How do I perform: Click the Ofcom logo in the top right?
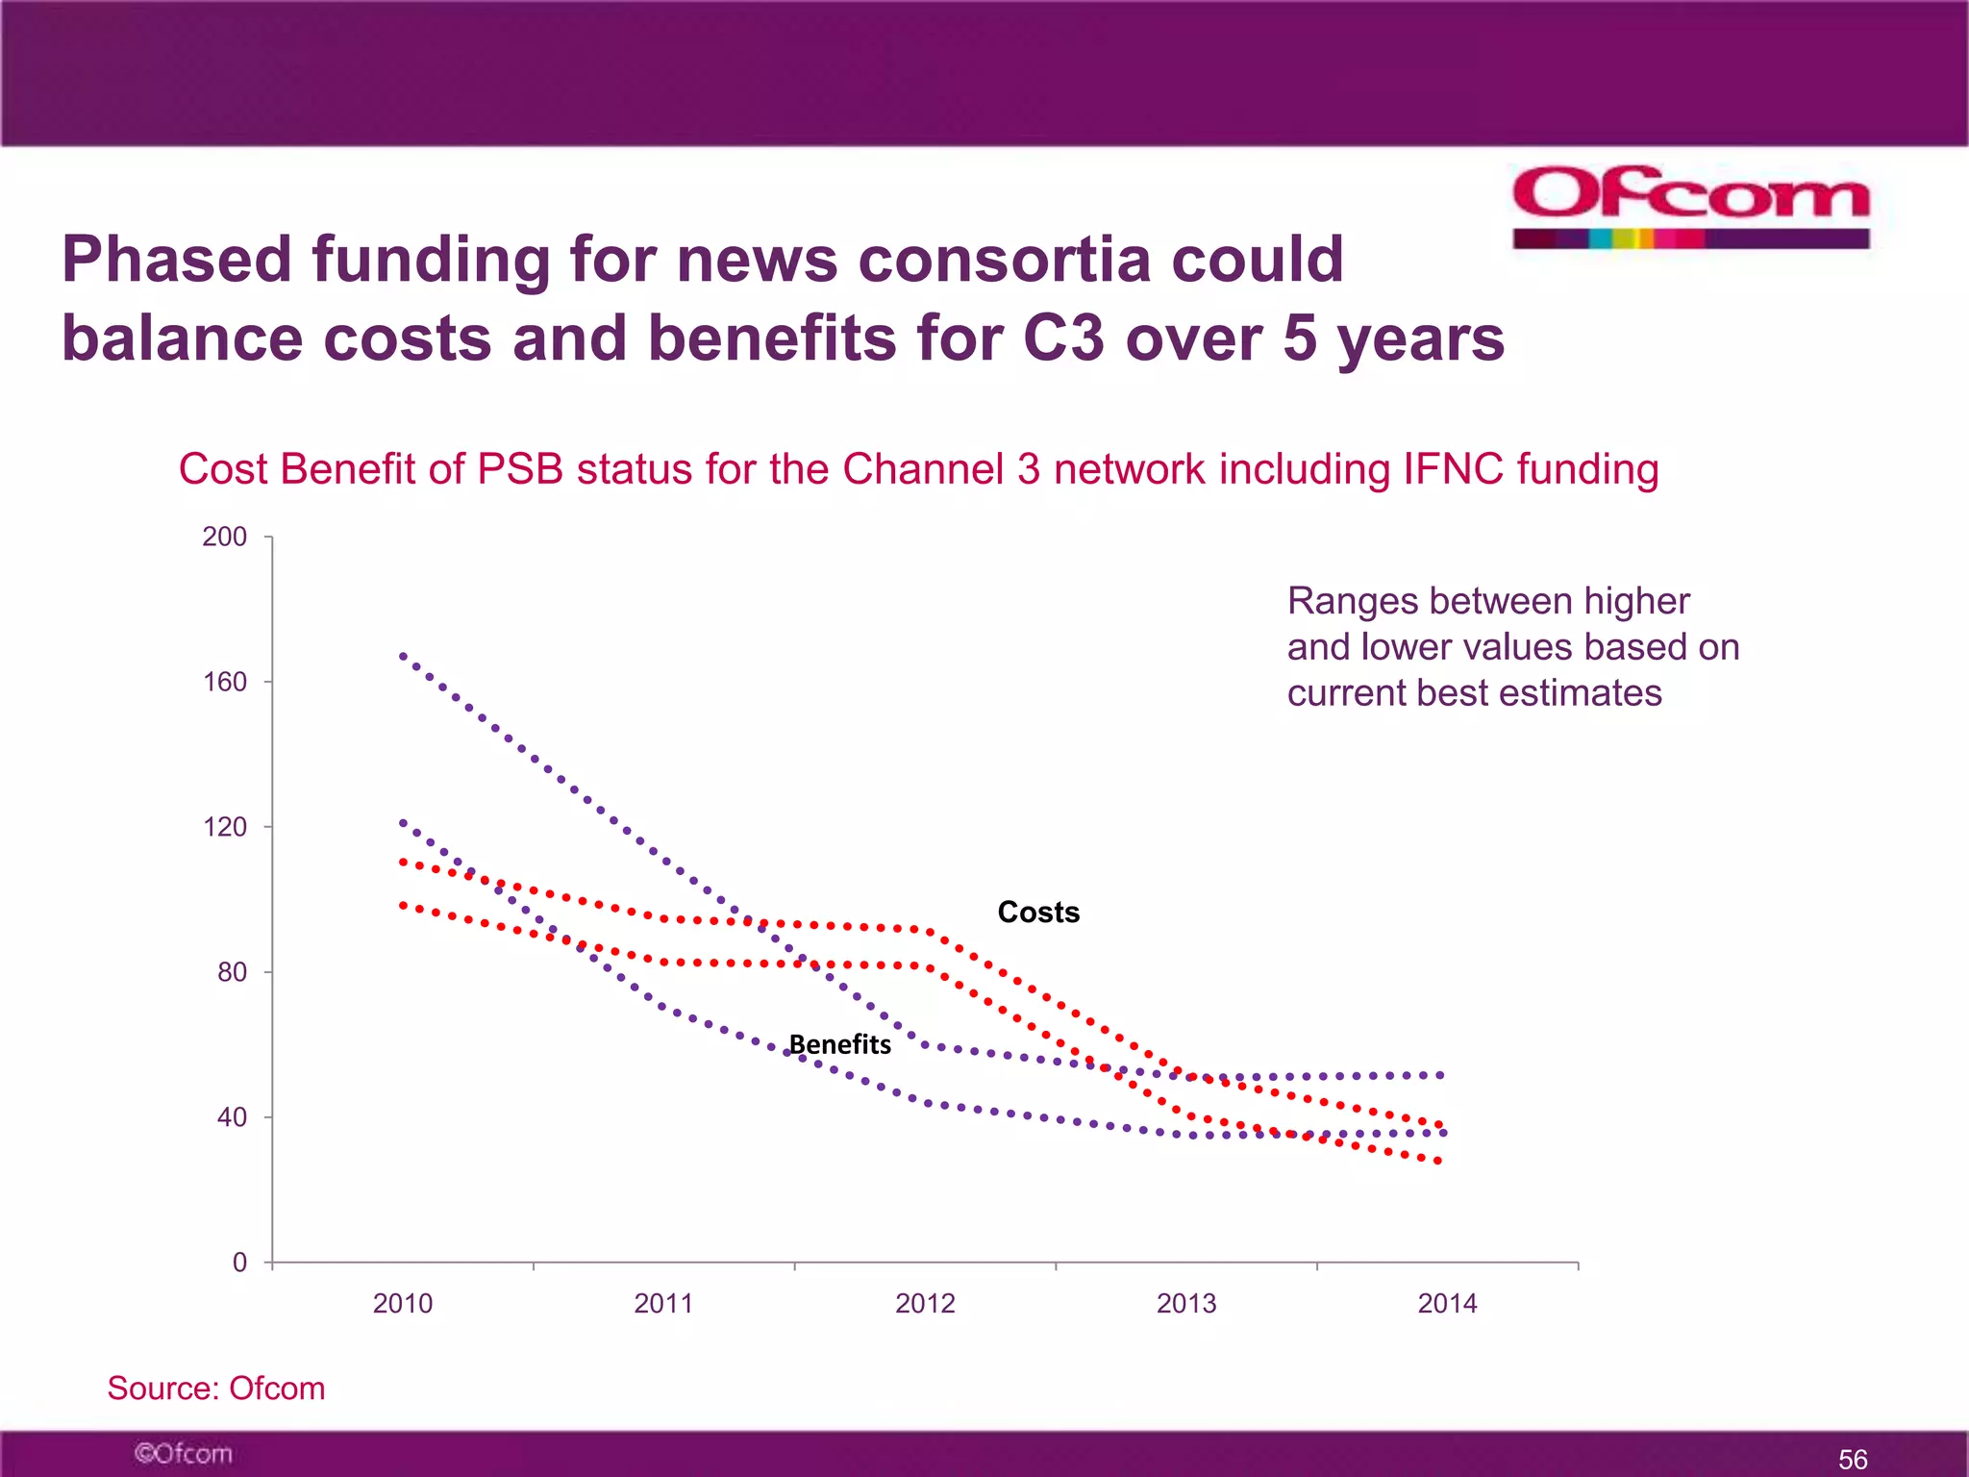pyautogui.click(x=1690, y=206)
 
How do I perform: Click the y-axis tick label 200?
pyautogui.click(x=224, y=537)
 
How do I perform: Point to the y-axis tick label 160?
pyautogui.click(x=224, y=682)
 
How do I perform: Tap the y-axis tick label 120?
pyautogui.click(x=224, y=827)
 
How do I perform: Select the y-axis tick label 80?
pyautogui.click(x=232, y=972)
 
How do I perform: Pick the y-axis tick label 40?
pyautogui.click(x=232, y=1117)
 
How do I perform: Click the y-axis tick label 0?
pyautogui.click(x=239, y=1263)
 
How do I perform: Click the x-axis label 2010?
pyautogui.click(x=403, y=1304)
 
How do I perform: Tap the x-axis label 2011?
pyautogui.click(x=663, y=1304)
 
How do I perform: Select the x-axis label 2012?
pyautogui.click(x=925, y=1304)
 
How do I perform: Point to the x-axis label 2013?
pyautogui.click(x=1186, y=1304)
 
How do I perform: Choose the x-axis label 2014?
pyautogui.click(x=1447, y=1304)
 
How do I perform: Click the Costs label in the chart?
pyautogui.click(x=1038, y=912)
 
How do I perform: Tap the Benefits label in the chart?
pyautogui.click(x=840, y=1044)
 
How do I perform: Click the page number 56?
pyautogui.click(x=1853, y=1460)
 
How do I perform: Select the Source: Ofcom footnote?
pyautogui.click(x=216, y=1389)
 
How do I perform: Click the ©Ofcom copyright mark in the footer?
pyautogui.click(x=183, y=1453)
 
